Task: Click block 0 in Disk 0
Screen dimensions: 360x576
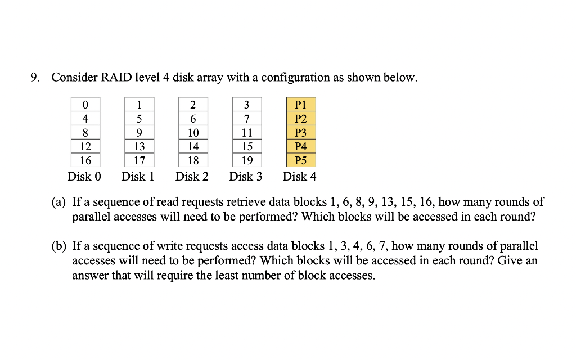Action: (85, 105)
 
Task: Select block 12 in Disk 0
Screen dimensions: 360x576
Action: (85, 146)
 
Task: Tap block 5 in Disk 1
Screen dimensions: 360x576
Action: (139, 119)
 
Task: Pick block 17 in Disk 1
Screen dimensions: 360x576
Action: (139, 160)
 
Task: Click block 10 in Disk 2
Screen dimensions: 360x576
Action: (193, 133)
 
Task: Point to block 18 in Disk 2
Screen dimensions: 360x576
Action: (193, 160)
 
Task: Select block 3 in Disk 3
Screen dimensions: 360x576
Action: (246, 105)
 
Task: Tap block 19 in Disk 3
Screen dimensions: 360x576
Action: (246, 160)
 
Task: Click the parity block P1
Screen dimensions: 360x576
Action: (300, 105)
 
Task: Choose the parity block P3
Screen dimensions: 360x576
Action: (300, 133)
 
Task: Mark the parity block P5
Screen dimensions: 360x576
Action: (300, 160)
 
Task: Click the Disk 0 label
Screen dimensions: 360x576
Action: (84, 177)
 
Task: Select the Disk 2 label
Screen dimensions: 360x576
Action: (192, 177)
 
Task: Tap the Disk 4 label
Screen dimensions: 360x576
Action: (299, 177)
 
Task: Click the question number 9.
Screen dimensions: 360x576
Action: (35, 78)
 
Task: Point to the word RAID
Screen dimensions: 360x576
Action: (115, 78)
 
